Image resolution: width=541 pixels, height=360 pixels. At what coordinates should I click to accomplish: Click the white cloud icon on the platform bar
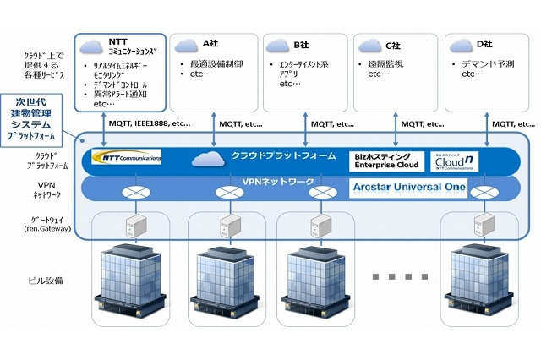(208, 158)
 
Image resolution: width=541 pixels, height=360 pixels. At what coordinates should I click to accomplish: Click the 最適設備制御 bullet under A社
(215, 63)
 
